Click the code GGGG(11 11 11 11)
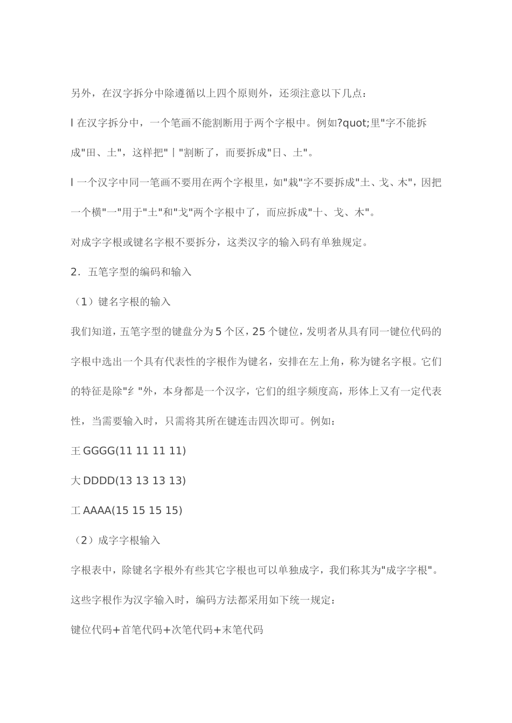[x=135, y=450]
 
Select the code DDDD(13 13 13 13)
[x=135, y=480]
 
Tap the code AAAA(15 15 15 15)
[x=133, y=510]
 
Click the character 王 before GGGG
[x=76, y=450]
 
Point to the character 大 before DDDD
[x=76, y=480]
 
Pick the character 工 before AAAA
[x=76, y=510]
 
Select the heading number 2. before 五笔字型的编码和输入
[x=75, y=272]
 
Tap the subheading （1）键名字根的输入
[x=121, y=302]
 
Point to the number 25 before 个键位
[x=259, y=331]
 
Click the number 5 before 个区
[x=218, y=331]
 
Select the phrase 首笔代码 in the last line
[x=142, y=629]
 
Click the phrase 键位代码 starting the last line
[x=92, y=629]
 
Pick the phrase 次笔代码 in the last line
[x=192, y=629]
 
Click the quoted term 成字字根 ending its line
[x=410, y=569]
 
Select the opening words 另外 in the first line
[x=81, y=93]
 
